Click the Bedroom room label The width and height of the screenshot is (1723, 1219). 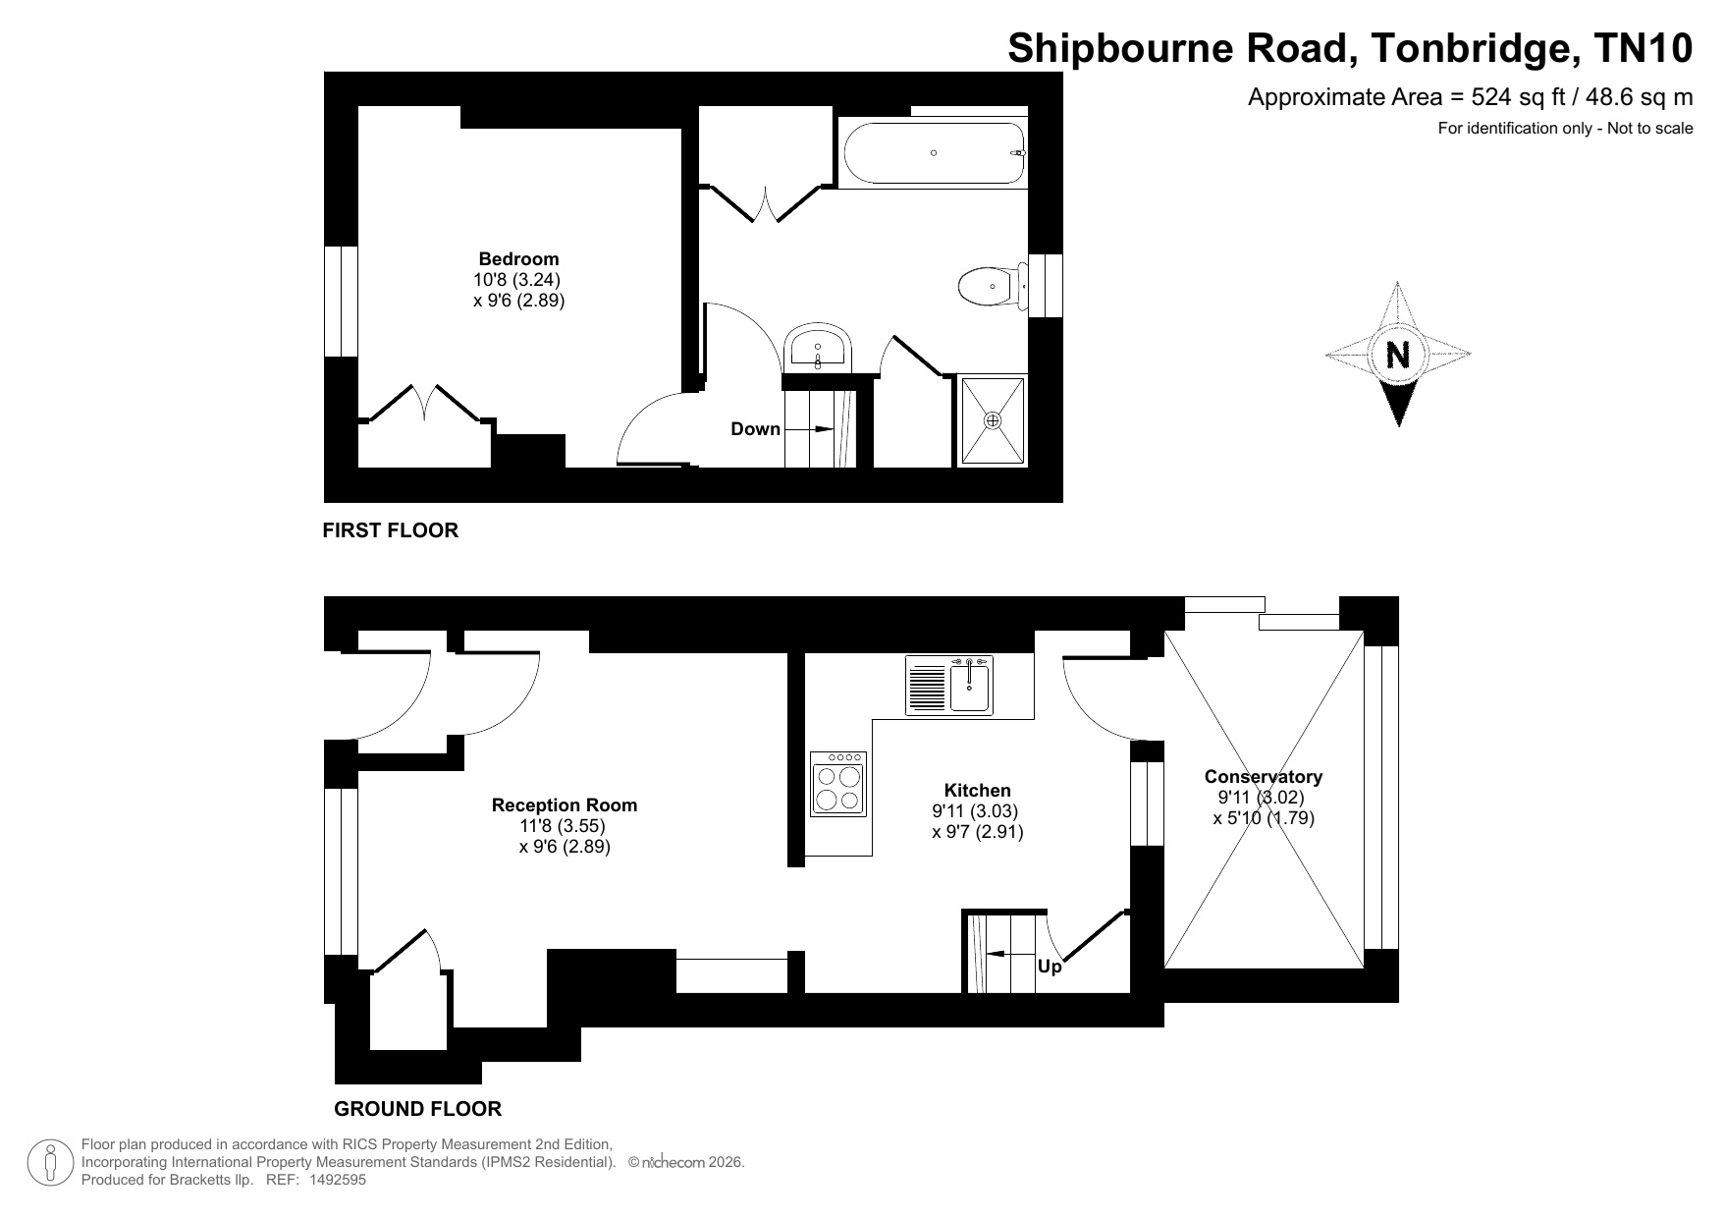point(518,259)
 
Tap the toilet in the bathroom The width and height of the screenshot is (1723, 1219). point(993,287)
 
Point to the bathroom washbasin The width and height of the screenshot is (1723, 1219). point(819,348)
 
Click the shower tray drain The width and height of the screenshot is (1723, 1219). point(993,420)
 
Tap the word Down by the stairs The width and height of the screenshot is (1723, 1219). point(755,429)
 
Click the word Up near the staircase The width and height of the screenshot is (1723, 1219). point(1050,967)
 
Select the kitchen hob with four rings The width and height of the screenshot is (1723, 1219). point(838,783)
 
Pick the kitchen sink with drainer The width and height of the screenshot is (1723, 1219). point(949,685)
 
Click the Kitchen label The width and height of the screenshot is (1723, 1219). point(977,791)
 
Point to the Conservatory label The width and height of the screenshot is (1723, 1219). point(1264,777)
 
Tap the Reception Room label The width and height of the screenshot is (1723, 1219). point(565,805)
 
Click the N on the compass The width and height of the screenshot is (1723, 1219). point(1398,354)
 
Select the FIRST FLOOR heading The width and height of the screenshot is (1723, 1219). point(391,530)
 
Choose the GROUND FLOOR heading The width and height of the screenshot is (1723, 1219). point(418,1109)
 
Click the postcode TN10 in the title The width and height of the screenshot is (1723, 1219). point(1643,48)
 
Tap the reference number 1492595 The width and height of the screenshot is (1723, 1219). point(337,1181)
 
